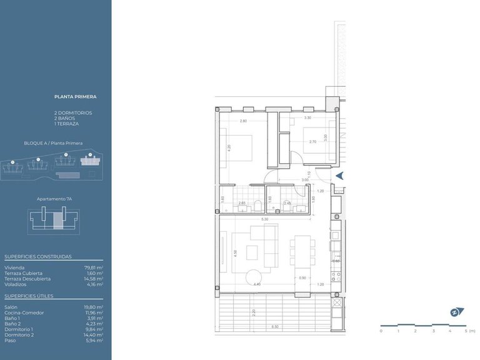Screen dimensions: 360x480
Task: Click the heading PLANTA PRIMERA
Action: pos(75,97)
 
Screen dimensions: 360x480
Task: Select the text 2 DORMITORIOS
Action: pos(73,112)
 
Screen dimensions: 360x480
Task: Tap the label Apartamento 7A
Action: pos(55,199)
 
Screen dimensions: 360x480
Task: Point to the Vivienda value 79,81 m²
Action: pos(94,267)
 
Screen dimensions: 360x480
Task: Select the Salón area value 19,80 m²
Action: pos(94,307)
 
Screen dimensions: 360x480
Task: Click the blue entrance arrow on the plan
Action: pos(339,177)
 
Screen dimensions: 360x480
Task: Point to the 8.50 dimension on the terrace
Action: pos(275,327)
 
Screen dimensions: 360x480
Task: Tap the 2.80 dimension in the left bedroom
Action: pos(243,121)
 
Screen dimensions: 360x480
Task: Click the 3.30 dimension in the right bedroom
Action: pos(307,118)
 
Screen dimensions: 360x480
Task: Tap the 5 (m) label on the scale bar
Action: pos(468,331)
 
